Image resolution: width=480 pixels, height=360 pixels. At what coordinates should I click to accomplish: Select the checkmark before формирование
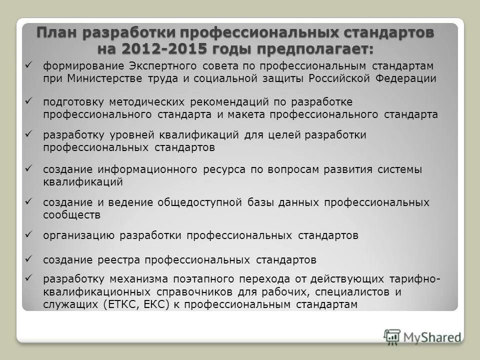(29, 65)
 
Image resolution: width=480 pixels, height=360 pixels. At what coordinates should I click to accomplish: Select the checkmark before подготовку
(29, 101)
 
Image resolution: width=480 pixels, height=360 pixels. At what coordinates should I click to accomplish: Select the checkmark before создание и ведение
(29, 201)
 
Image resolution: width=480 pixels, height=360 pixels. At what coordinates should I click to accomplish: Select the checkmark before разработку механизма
(29, 277)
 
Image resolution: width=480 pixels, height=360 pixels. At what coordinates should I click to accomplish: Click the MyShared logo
(423, 336)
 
